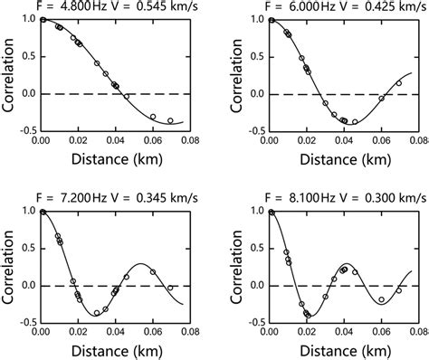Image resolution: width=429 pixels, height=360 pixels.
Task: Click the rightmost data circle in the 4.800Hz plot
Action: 170,120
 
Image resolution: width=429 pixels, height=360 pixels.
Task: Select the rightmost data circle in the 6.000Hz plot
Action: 399,83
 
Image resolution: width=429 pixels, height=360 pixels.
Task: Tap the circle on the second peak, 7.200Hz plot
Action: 152,271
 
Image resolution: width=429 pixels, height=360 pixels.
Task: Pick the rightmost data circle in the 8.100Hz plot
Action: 399,291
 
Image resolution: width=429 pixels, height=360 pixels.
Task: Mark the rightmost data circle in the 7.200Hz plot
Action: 170,288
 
